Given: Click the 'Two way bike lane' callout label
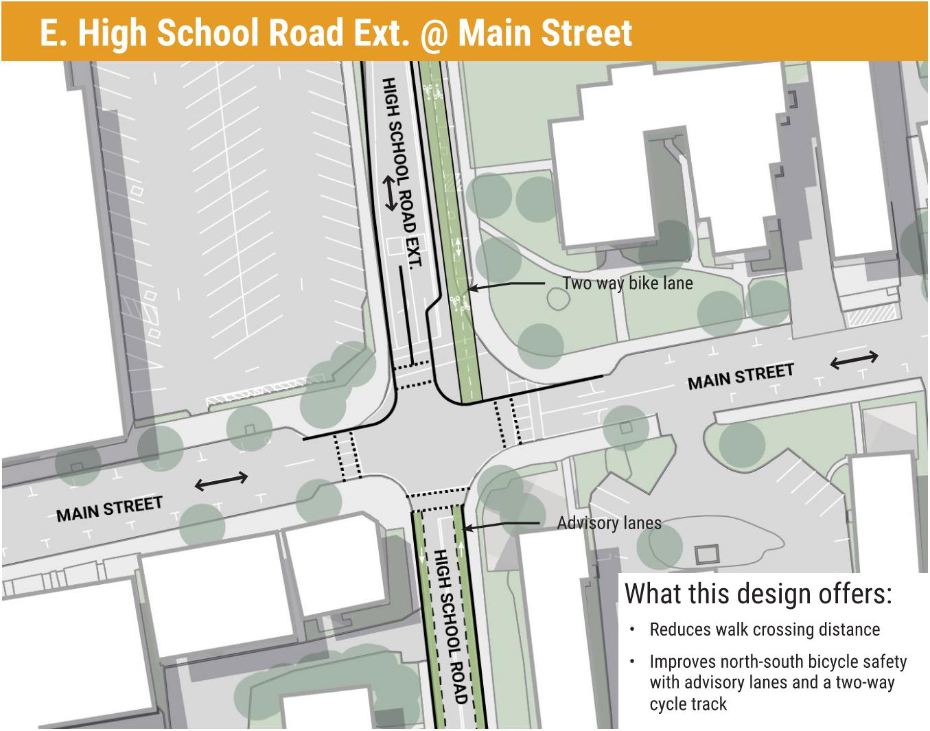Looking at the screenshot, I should (627, 283).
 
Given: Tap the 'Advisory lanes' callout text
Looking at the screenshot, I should (609, 523).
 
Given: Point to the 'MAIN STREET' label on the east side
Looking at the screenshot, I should (741, 376).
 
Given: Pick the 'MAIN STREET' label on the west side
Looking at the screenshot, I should (109, 509).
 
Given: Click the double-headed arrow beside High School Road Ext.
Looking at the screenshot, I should (391, 194).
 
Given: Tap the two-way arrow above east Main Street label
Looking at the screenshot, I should (854, 359).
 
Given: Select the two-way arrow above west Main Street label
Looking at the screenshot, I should (221, 481).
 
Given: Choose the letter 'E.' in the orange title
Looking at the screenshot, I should (53, 32).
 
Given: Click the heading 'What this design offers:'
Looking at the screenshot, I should (758, 593).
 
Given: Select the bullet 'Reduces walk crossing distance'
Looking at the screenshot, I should (765, 629).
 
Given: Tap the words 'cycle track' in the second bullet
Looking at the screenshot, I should (688, 704).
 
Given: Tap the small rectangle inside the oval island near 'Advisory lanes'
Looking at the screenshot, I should (706, 553).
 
